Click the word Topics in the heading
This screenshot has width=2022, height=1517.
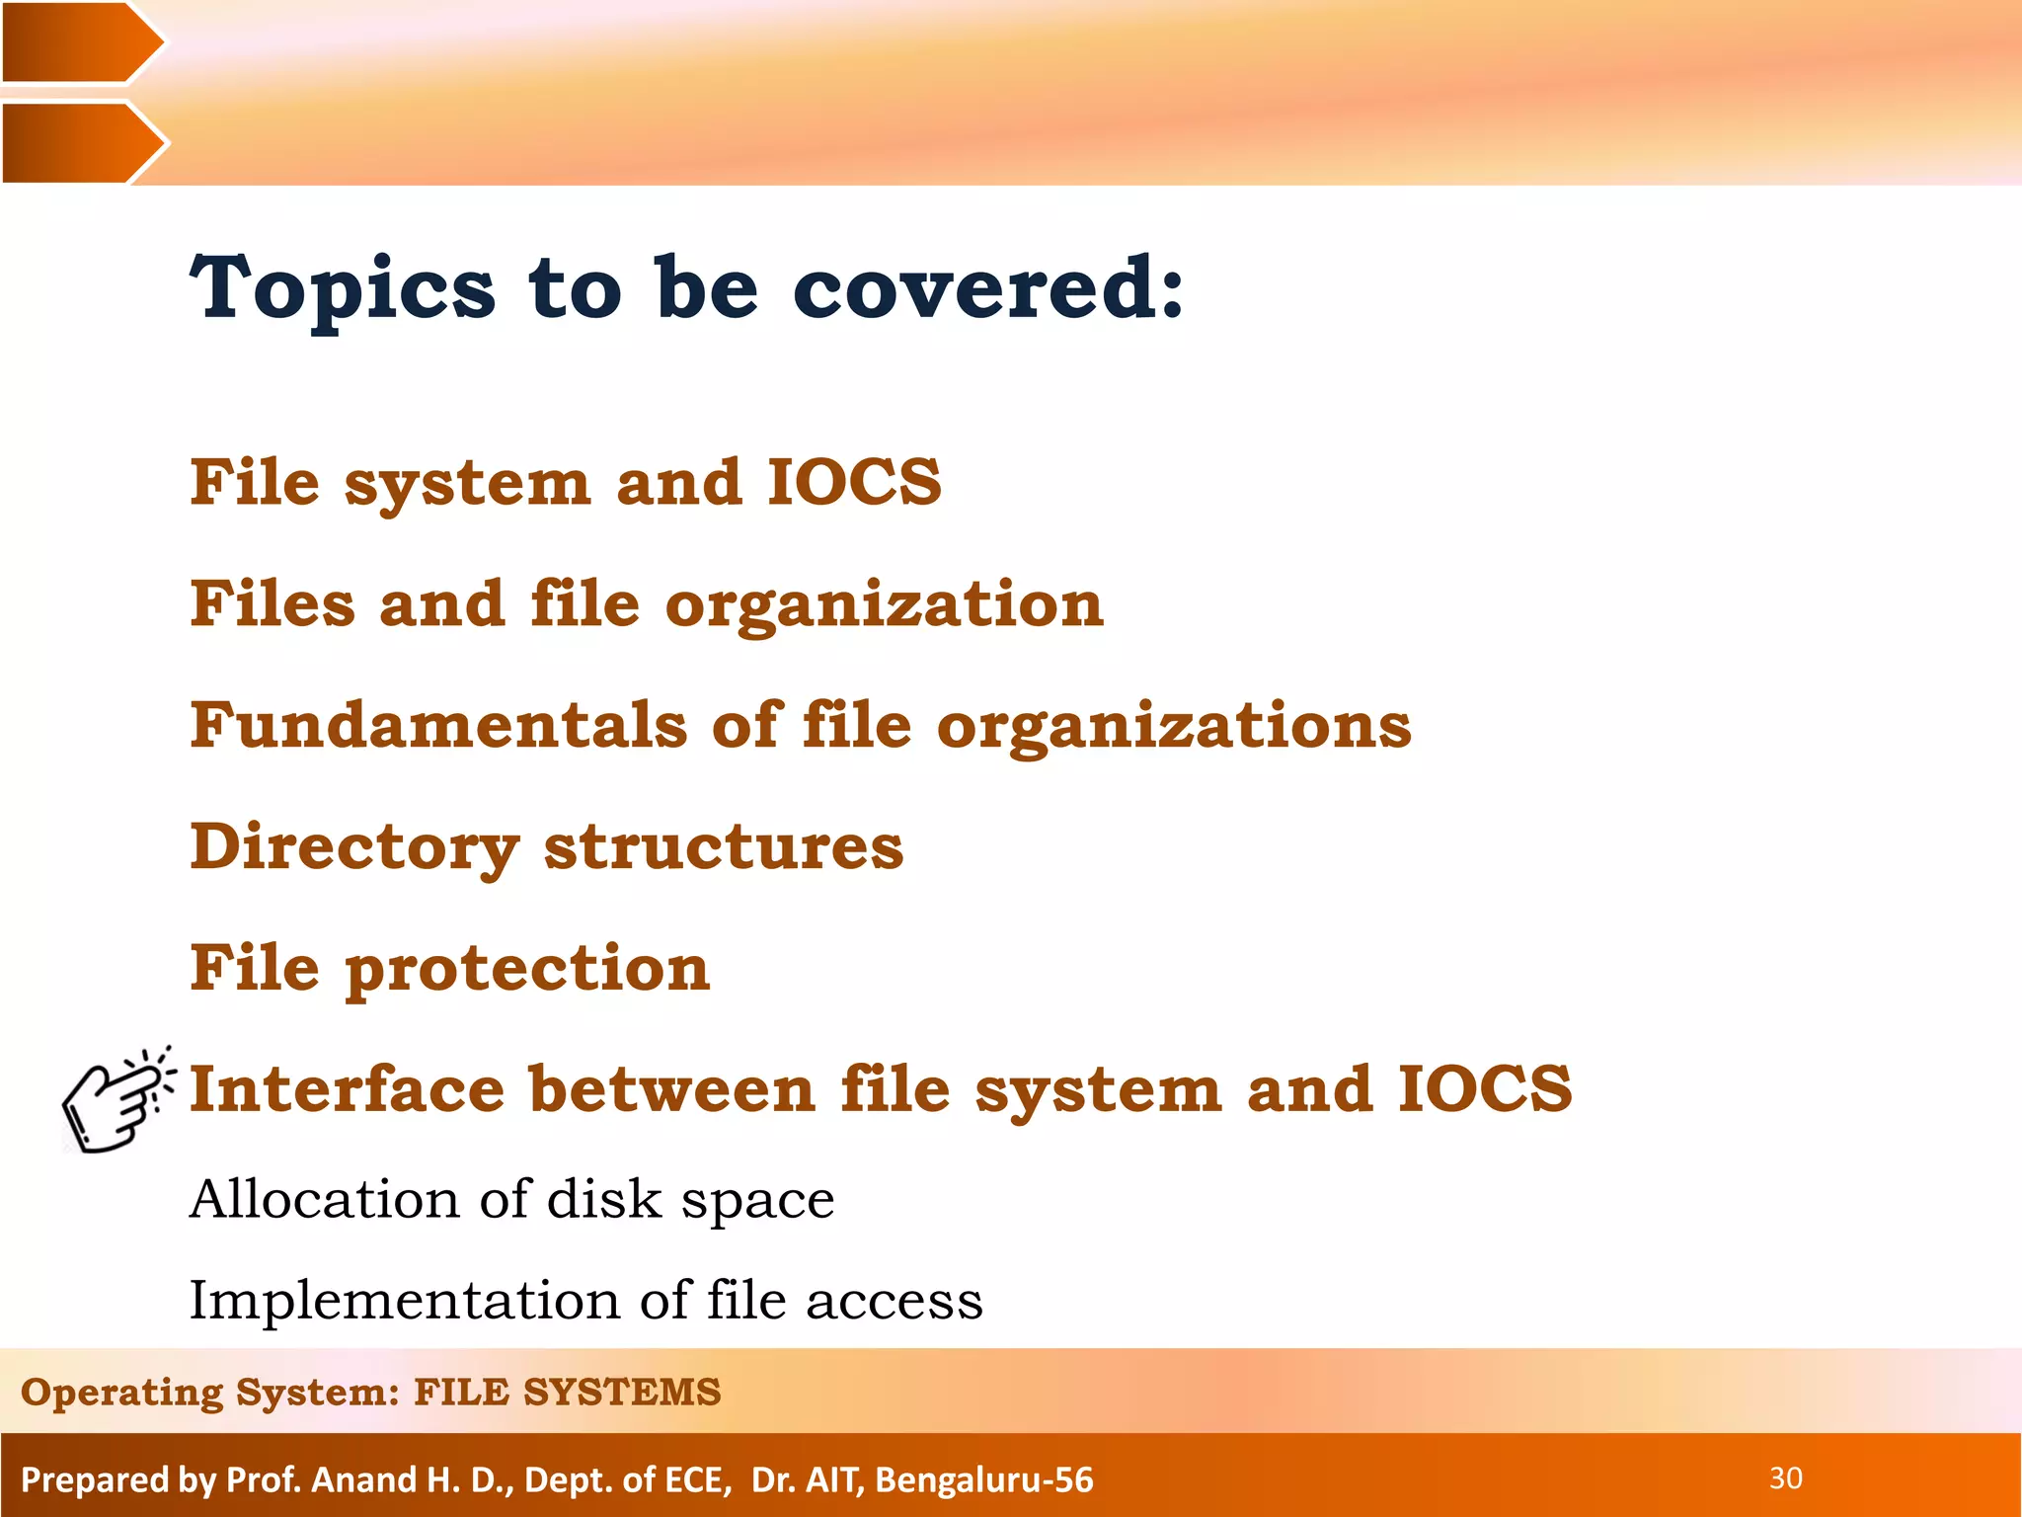coord(342,288)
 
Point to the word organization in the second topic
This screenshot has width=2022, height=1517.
coord(884,605)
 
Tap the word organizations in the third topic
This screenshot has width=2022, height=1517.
coord(1174,727)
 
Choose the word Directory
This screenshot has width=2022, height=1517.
coord(354,847)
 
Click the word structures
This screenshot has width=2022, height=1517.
coord(724,847)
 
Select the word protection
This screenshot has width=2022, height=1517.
coord(527,968)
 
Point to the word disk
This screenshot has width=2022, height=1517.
coord(603,1199)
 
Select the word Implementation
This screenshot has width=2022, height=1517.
coord(403,1300)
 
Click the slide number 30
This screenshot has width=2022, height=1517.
coord(1785,1478)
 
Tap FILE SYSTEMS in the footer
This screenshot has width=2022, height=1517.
coord(567,1392)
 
